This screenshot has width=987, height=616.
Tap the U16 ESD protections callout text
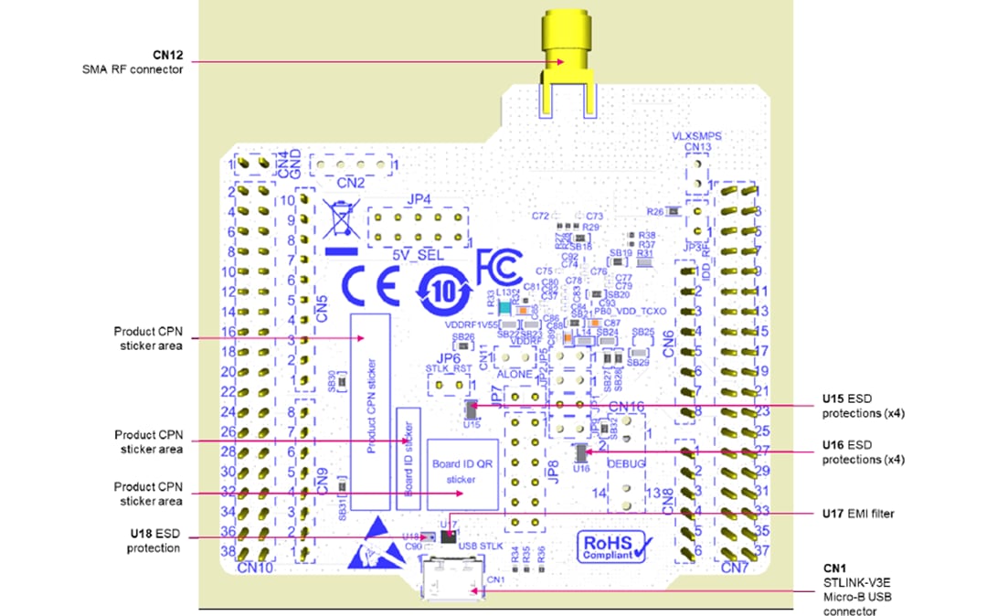861,451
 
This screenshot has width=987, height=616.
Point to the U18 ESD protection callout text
153,539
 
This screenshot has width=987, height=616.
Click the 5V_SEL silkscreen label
417,256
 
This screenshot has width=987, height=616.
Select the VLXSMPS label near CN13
696,135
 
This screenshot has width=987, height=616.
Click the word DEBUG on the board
627,464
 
